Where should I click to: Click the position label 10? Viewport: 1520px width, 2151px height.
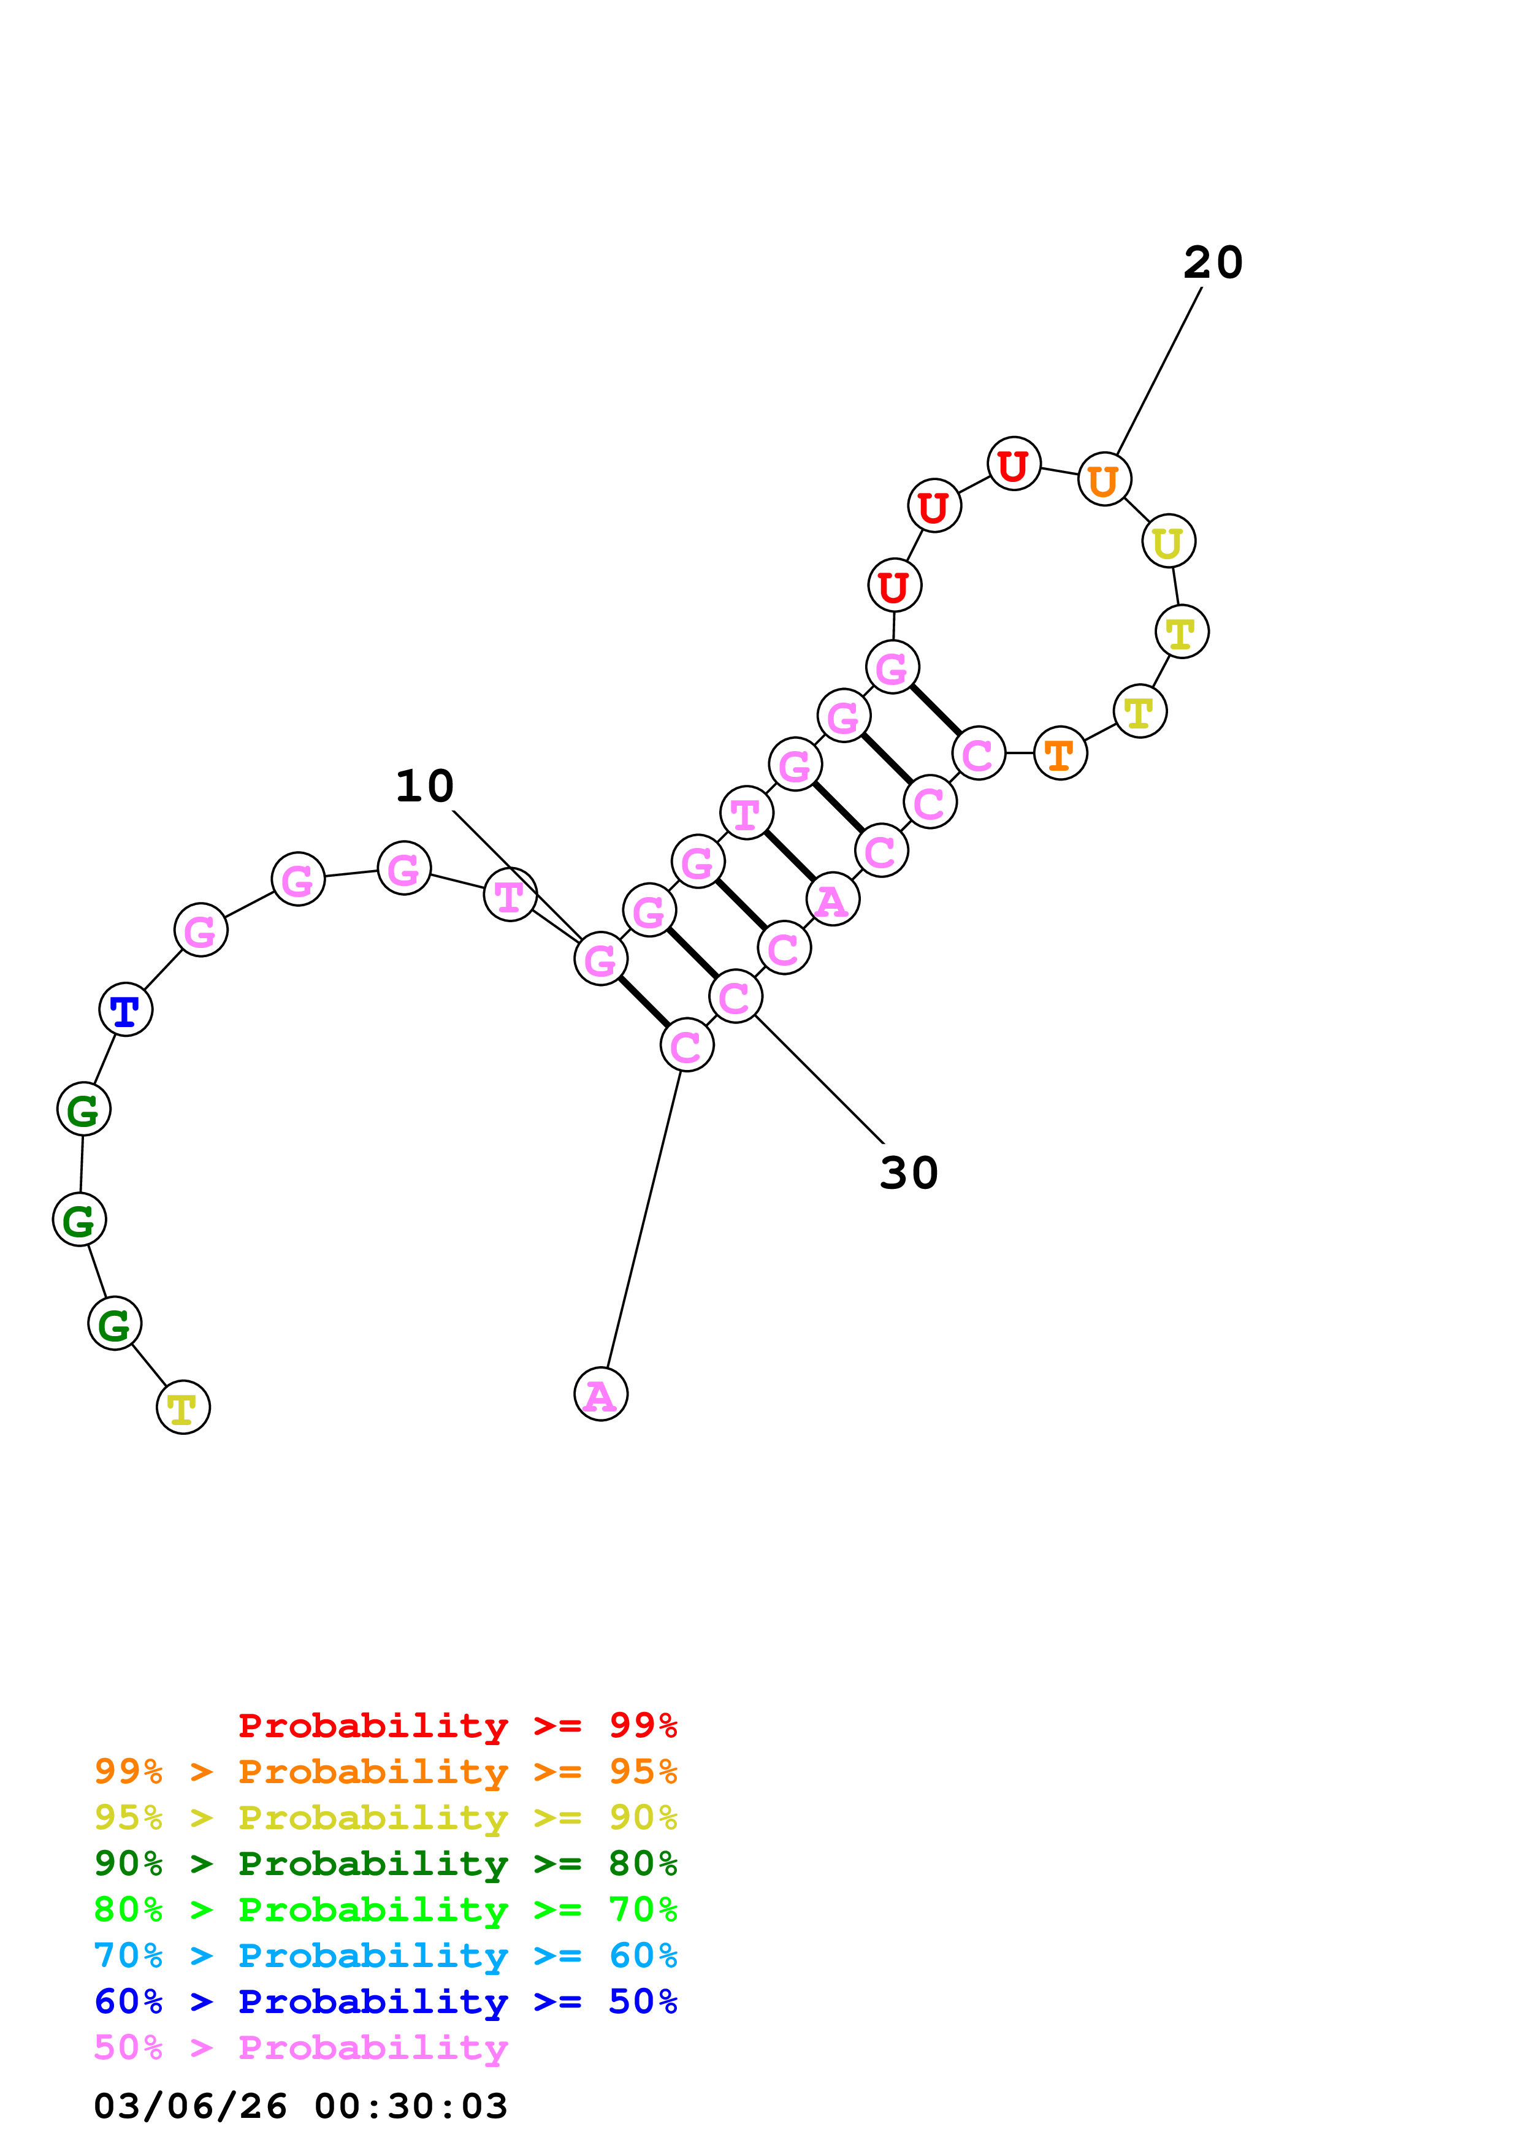pos(424,786)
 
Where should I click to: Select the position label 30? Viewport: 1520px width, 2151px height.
pos(909,1173)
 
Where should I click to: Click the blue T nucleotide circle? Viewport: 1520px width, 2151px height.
pos(126,1010)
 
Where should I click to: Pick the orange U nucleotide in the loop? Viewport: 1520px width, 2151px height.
pos(1104,479)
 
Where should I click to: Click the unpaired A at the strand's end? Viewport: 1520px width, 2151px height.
pos(600,1394)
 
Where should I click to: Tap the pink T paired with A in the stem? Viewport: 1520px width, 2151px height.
pos(746,812)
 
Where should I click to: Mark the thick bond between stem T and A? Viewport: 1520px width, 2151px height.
pos(790,856)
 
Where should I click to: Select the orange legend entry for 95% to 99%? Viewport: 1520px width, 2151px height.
pos(385,1771)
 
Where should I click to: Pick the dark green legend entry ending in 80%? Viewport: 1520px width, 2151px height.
pos(385,1863)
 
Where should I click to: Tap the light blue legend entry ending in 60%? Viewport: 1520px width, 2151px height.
pos(385,1955)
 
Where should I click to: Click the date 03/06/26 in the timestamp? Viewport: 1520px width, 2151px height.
pos(190,2106)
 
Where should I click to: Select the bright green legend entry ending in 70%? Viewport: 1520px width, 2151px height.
pos(385,1909)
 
